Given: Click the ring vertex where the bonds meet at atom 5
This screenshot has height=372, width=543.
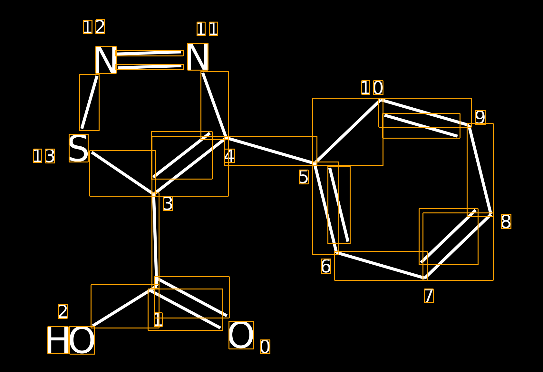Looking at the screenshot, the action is (315, 164).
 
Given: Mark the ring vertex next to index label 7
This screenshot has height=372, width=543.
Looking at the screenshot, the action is (425, 278).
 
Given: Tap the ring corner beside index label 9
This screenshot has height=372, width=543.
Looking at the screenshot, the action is (469, 125).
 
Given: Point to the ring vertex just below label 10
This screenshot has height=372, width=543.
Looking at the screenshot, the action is (381, 100).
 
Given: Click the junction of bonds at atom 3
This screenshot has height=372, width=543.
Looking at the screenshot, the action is (154, 194).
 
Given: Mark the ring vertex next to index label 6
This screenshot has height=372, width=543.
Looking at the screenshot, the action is (337, 253).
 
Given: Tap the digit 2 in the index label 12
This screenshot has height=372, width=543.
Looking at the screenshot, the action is (100, 27).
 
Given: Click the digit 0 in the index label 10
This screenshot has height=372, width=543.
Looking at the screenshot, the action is (378, 88).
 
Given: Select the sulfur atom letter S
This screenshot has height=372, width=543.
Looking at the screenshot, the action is (79, 148).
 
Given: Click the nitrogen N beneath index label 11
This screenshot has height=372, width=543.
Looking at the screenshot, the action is (198, 57).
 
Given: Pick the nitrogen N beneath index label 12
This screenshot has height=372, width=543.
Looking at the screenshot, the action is (106, 60).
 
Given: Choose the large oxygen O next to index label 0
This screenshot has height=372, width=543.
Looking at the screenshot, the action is (241, 335).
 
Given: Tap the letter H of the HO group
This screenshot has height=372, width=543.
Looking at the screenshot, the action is (58, 340).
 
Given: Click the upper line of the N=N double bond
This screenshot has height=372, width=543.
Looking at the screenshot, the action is (149, 53).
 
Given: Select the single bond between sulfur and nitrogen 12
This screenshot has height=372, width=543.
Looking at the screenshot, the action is (90, 102).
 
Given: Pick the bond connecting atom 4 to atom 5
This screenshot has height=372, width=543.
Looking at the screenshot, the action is (270, 151).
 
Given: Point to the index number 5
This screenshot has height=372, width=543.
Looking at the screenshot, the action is (304, 177).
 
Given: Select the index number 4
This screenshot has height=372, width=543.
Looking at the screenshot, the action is (229, 156).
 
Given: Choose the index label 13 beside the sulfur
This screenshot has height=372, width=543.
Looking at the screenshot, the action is (44, 156).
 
